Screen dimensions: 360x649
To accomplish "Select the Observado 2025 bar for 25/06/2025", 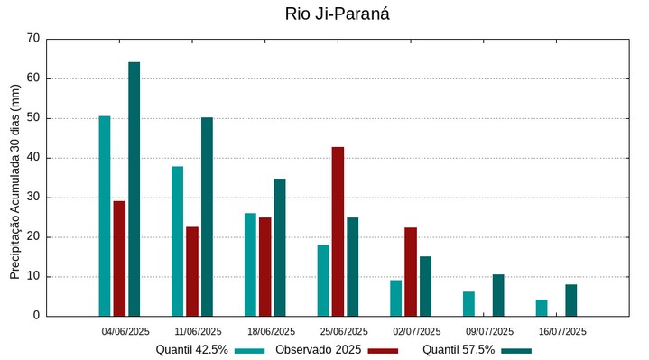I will [x=338, y=231].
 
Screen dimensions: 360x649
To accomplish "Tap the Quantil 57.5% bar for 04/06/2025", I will [x=134, y=189].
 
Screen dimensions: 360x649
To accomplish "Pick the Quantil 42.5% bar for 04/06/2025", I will [x=105, y=216].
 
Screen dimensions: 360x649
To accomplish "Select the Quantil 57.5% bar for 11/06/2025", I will [x=207, y=217].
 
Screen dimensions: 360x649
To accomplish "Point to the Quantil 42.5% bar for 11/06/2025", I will [x=178, y=241].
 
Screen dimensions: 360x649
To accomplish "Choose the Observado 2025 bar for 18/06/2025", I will [x=265, y=266].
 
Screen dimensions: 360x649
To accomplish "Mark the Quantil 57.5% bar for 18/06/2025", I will [x=280, y=247].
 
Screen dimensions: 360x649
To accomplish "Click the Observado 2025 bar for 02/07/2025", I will [x=411, y=272].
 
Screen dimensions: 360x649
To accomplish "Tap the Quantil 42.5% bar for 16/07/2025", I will [x=542, y=308].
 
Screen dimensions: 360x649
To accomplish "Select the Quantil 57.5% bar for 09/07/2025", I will [x=498, y=295].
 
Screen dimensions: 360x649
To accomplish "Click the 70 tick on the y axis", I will [x=33, y=39].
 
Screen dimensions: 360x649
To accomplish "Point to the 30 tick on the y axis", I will [x=33, y=198].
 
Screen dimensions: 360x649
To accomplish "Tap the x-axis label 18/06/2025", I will [x=272, y=331].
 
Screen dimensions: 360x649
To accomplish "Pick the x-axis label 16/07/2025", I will [x=563, y=331].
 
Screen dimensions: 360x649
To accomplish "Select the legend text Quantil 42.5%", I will [x=191, y=350].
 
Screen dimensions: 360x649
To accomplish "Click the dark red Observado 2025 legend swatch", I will [x=383, y=350].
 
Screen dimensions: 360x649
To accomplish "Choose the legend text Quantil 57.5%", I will [x=459, y=350].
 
